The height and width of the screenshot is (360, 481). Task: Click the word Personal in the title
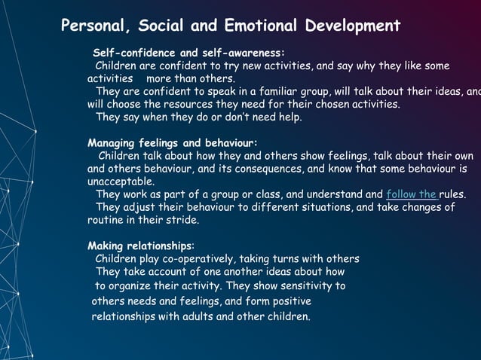pos(93,26)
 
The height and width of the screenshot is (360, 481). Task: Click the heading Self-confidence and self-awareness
pos(188,53)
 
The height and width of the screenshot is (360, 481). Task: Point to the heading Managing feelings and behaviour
pos(173,142)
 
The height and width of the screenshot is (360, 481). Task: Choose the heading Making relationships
pos(141,246)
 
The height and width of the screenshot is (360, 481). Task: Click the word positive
pos(286,301)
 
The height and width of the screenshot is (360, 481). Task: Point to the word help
pos(287,117)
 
